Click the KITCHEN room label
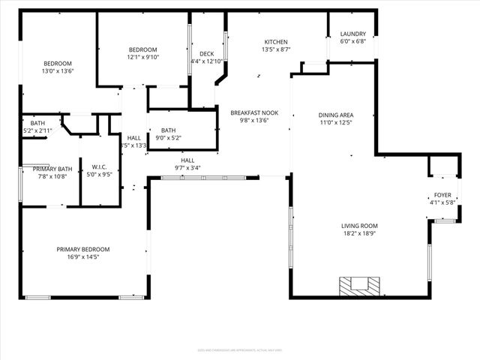(276, 42)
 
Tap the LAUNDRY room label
(352, 34)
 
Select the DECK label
(205, 54)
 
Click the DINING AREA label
(336, 115)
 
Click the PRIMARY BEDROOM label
(83, 249)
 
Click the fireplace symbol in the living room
(359, 285)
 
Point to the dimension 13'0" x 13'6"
(57, 71)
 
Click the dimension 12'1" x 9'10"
(142, 57)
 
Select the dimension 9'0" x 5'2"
(168, 138)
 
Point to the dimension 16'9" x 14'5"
(83, 257)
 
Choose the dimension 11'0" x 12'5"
(336, 123)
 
